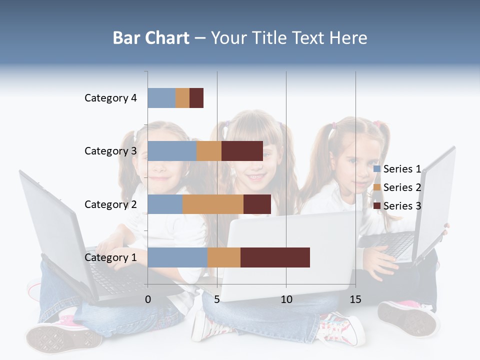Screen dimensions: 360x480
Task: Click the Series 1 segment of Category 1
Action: [x=177, y=257]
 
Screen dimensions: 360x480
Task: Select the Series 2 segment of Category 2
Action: [x=213, y=204]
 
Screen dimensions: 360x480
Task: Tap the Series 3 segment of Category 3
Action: [x=242, y=151]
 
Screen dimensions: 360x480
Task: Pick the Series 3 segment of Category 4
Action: [x=196, y=98]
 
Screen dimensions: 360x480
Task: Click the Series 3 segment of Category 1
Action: [x=275, y=257]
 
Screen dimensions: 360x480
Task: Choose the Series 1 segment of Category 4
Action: [x=161, y=98]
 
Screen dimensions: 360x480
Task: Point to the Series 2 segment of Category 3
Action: [x=209, y=151]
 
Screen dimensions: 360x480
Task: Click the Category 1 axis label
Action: [x=110, y=257]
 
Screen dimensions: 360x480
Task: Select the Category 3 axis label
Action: [x=110, y=151]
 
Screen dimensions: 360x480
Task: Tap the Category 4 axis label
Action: [x=110, y=98]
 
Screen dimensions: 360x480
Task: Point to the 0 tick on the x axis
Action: [x=148, y=299]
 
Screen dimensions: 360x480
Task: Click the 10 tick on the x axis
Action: [x=286, y=299]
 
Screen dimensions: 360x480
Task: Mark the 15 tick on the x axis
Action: [x=355, y=299]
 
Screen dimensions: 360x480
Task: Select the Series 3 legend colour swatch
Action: [x=377, y=206]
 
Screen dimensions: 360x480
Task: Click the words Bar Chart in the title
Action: [x=151, y=38]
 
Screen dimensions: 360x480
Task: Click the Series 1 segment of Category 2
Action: [x=165, y=204]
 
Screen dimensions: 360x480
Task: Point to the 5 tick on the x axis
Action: [x=217, y=299]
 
